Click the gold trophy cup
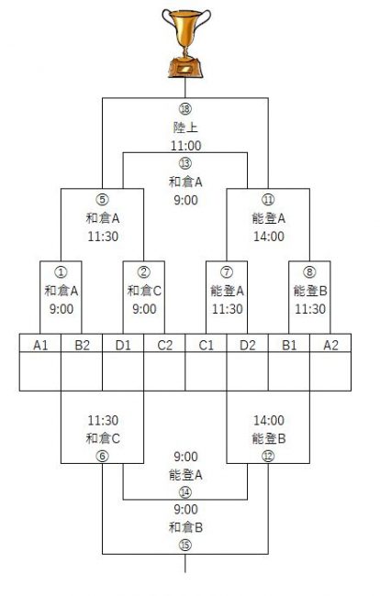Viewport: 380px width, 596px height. coord(186,42)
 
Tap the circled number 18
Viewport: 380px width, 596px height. coord(185,109)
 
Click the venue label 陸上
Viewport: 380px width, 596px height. coord(185,127)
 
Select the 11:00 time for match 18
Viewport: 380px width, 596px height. coord(185,146)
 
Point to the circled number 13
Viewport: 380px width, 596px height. coord(185,163)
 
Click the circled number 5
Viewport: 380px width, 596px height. coord(102,200)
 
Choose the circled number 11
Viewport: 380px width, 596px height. coord(268,200)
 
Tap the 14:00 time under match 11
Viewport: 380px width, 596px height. coord(269,237)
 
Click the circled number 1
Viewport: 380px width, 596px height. coord(61,272)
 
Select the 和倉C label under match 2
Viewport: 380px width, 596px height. coord(144,291)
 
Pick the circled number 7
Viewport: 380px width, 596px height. coord(227,272)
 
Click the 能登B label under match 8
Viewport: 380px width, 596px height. coord(310,291)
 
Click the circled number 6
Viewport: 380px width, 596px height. coord(102,456)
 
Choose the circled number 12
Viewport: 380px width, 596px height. coord(268,456)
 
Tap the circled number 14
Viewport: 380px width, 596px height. coord(185,492)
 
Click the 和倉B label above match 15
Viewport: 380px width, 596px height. coord(185,527)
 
